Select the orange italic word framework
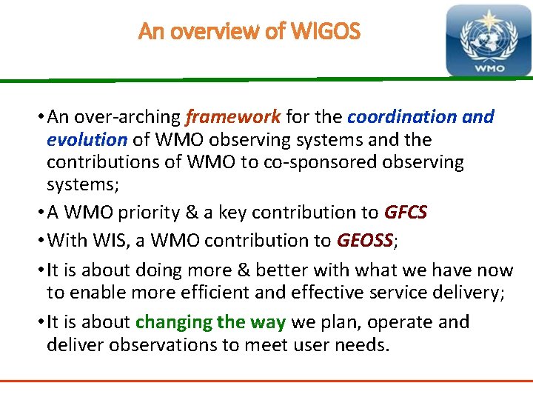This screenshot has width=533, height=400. click(232, 117)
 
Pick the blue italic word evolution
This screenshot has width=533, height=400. click(87, 140)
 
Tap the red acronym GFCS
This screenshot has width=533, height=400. click(405, 213)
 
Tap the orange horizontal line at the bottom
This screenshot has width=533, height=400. click(266, 381)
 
